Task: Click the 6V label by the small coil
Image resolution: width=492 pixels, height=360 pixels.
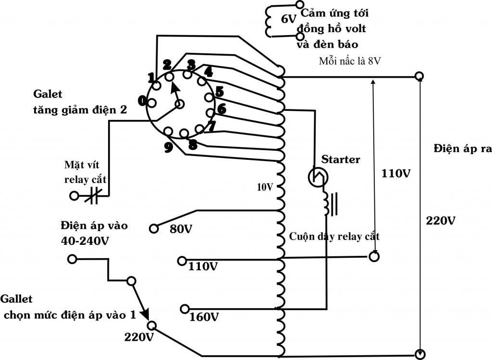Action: coord(289,19)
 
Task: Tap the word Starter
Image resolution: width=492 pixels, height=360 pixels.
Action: coord(341,159)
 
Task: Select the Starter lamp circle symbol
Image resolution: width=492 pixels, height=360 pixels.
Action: coord(318,178)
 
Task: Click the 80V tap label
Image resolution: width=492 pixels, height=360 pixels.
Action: coord(181,229)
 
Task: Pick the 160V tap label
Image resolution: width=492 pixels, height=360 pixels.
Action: coord(204,317)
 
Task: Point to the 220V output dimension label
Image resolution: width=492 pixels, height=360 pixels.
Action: coord(441,221)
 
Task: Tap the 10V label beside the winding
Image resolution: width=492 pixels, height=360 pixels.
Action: coord(264,187)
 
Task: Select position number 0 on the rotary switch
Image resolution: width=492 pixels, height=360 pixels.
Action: coord(142,100)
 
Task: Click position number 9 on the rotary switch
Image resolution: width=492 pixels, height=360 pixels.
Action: coord(168,147)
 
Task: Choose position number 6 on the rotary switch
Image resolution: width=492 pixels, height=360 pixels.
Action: coord(221,109)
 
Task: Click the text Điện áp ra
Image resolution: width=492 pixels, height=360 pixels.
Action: coord(462,148)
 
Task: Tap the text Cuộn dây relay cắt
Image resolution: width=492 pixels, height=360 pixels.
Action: coord(334,237)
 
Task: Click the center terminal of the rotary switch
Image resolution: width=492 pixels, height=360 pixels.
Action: coord(181,105)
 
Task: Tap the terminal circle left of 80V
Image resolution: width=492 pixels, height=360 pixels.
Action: coord(154,228)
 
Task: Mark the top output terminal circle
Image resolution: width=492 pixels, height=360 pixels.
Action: coord(419,76)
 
